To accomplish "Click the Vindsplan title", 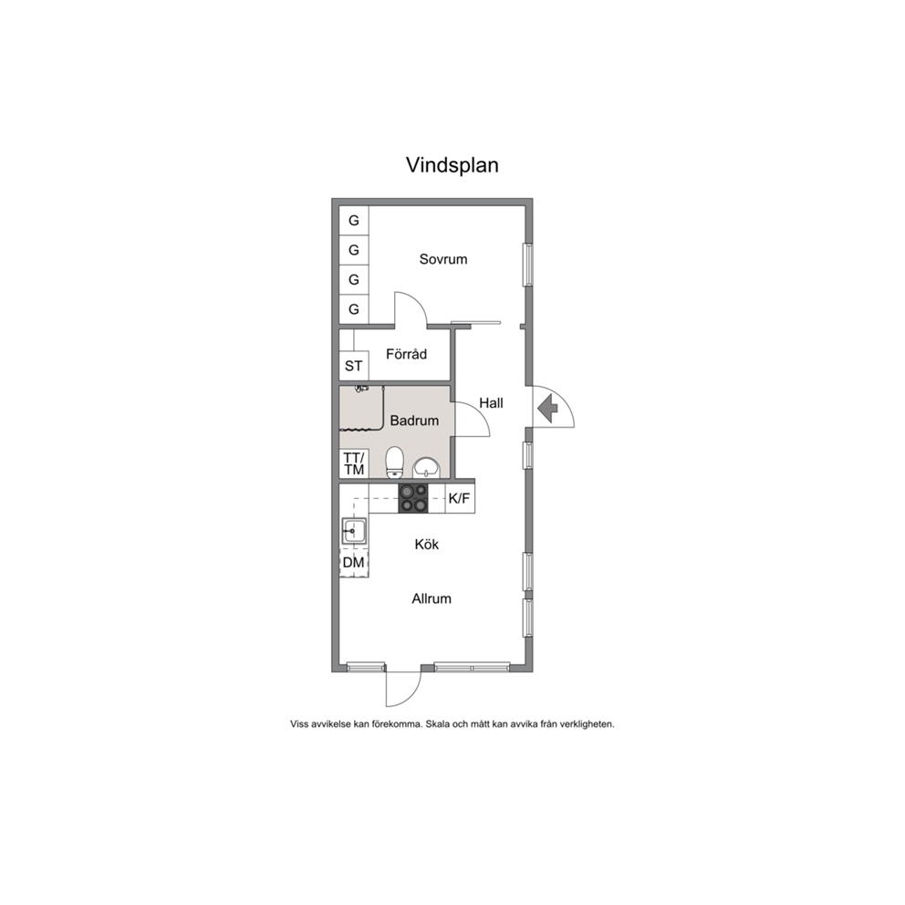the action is pos(452,166).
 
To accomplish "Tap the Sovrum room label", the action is pos(443,259).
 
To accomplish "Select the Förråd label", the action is pos(406,354).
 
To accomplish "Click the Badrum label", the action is pos(414,421).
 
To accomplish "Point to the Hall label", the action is pos(491,403).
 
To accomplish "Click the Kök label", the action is pos(427,545).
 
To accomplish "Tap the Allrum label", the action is pos(432,598).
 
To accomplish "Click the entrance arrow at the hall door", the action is pos(547,408).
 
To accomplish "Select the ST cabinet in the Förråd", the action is pos(354,366).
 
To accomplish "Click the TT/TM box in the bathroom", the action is pos(354,464).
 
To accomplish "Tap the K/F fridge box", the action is pos(460,499).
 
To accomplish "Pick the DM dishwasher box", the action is pos(354,562).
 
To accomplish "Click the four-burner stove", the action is pos(413,499).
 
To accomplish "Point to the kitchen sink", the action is pos(354,531).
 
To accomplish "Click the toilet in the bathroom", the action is pos(395,463).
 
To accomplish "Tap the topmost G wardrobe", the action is pos(354,221).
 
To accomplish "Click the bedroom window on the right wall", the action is pos(527,265).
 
